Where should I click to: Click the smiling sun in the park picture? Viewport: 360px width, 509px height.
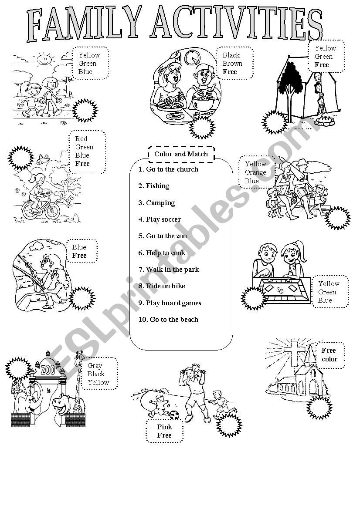pyautogui.click(x=44, y=59)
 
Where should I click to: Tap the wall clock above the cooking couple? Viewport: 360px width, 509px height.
pyautogui.click(x=192, y=57)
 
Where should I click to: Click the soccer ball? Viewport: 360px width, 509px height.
pyautogui.click(x=174, y=415)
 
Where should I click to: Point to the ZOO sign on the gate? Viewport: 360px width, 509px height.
pyautogui.click(x=48, y=370)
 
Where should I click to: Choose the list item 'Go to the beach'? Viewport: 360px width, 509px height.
pyautogui.click(x=168, y=320)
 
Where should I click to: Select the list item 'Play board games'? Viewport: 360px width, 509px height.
pyautogui.click(x=170, y=303)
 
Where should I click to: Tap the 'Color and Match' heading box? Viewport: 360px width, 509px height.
pyautogui.click(x=181, y=154)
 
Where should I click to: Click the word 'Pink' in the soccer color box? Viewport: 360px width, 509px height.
pyautogui.click(x=165, y=427)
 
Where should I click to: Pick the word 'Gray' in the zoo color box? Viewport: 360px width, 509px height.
pyautogui.click(x=95, y=366)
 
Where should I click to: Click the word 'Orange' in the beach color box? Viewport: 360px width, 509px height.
pyautogui.click(x=255, y=172)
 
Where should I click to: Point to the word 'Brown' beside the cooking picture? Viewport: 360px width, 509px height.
pyautogui.click(x=232, y=63)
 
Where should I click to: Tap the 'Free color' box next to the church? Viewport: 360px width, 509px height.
pyautogui.click(x=330, y=355)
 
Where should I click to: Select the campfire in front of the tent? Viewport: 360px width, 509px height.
pyautogui.click(x=324, y=121)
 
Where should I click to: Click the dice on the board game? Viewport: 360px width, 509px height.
pyautogui.click(x=279, y=290)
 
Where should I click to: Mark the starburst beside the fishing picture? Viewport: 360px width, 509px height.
pyautogui.click(x=82, y=298)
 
